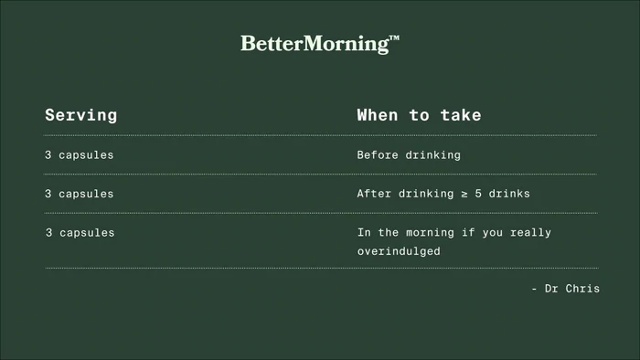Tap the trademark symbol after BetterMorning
click(394, 39)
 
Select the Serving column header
click(81, 115)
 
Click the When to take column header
click(419, 115)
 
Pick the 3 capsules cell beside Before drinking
click(80, 155)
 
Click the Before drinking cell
click(409, 155)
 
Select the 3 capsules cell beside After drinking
click(80, 194)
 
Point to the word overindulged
click(399, 250)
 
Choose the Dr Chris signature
click(565, 289)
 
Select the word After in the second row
click(375, 194)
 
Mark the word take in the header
click(462, 115)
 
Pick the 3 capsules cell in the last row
click(80, 233)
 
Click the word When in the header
click(377, 115)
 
